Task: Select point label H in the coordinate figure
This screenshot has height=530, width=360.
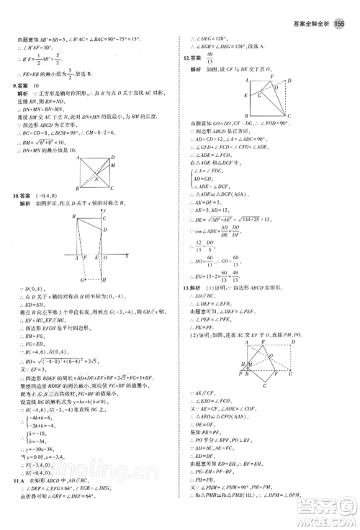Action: pos(105,280)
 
